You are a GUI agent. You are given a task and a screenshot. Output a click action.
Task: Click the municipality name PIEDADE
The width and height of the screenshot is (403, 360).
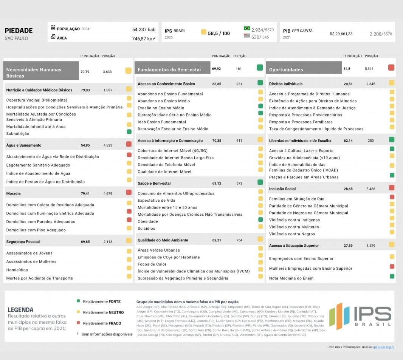tap(19, 31)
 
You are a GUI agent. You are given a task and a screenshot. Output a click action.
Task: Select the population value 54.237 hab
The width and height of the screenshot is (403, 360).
tap(144, 29)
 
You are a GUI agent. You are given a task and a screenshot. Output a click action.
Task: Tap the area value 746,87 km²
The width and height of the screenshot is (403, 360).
tap(144, 39)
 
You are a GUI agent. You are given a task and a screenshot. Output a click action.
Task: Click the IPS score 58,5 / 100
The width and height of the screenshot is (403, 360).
tap(219, 33)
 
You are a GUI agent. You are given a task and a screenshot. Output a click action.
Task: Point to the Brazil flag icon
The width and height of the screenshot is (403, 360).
tap(247, 28)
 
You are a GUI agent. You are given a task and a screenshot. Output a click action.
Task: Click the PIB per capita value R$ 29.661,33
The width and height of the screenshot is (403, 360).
tap(341, 34)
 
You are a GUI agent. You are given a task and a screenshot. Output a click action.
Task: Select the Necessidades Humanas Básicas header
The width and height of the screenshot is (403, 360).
tap(41, 73)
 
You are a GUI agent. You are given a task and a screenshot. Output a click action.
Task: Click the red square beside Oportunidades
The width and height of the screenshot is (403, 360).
tap(391, 68)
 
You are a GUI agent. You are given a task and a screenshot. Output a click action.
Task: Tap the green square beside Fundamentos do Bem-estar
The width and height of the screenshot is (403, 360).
tap(260, 68)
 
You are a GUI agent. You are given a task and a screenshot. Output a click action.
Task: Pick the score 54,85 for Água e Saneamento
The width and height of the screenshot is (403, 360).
tap(85, 145)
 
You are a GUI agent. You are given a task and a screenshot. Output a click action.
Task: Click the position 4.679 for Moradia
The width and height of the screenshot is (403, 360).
tap(108, 193)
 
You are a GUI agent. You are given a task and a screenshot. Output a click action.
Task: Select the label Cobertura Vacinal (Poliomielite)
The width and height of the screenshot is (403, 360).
tap(37, 100)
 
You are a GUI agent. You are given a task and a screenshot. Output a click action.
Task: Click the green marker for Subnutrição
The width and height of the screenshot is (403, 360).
tap(129, 131)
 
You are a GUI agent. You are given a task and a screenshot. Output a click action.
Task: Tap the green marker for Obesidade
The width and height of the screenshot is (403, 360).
tap(260, 219)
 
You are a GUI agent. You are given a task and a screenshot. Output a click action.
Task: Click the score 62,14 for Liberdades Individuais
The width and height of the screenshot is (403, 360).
tap(348, 141)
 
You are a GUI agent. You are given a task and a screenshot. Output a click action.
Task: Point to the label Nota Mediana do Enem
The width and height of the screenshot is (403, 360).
tap(291, 278)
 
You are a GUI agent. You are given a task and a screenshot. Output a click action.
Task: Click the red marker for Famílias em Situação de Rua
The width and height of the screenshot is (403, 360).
tap(392, 197)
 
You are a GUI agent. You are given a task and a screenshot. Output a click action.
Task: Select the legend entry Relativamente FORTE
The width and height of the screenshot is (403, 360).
tap(102, 301)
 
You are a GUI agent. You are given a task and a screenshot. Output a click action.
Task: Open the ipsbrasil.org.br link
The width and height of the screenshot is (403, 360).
tap(383, 347)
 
